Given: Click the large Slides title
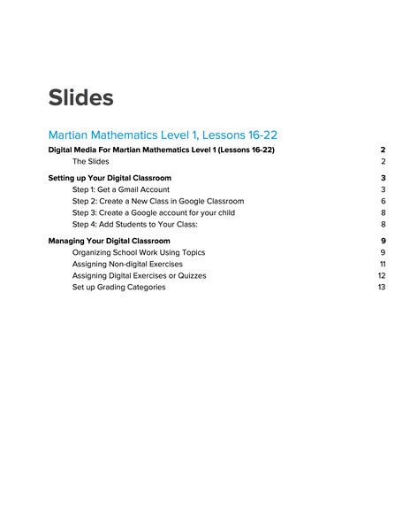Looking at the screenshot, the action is point(81,97).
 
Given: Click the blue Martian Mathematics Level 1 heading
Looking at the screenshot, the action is point(163,135).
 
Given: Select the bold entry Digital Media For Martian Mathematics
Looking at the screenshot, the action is point(161,150).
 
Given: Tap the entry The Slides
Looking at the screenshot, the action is point(91,162).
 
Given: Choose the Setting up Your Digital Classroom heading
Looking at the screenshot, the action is point(110,178).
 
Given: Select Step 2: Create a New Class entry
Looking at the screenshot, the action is point(158,201).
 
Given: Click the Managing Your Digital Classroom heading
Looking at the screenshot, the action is point(109,241).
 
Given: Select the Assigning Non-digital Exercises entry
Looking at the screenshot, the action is point(127,264).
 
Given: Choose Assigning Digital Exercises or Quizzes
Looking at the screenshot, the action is point(139,275).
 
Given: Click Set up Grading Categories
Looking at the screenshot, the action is point(118,287).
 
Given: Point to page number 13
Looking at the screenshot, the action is point(382,287).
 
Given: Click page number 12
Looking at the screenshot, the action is point(382,275).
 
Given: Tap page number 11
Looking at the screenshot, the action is point(383,264).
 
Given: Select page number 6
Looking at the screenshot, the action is point(383,201).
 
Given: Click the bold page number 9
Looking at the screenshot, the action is point(383,241).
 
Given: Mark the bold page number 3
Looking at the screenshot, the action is point(383,178).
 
